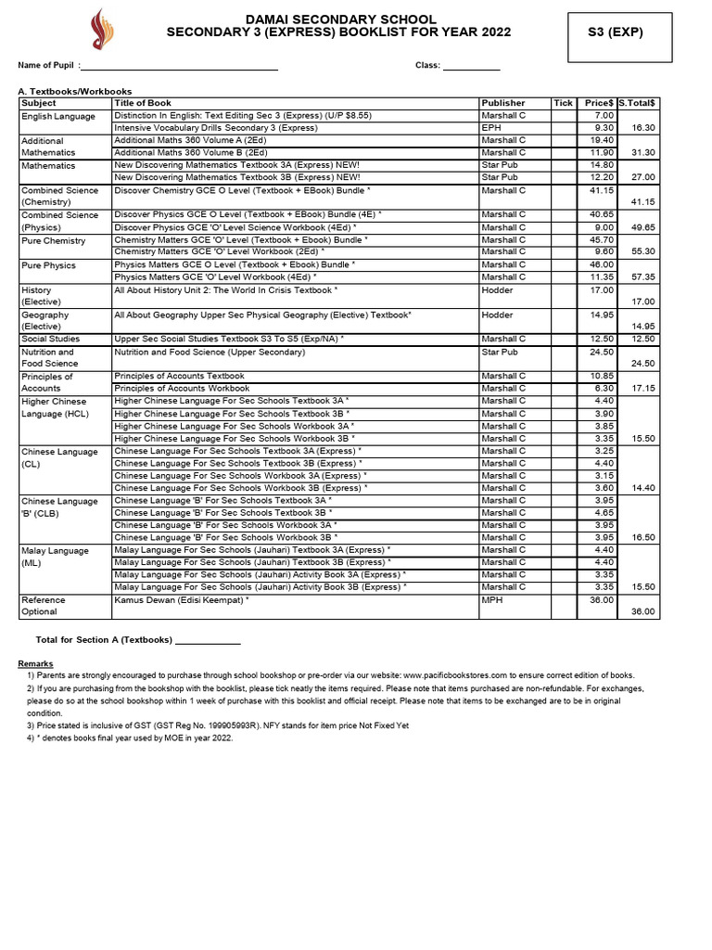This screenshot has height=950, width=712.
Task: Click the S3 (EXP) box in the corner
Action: click(x=615, y=32)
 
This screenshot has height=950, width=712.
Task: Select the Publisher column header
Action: click(x=503, y=103)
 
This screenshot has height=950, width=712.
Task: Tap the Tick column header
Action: click(x=563, y=103)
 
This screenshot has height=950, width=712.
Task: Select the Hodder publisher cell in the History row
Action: click(x=497, y=290)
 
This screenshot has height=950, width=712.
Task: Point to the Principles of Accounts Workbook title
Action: click(x=180, y=389)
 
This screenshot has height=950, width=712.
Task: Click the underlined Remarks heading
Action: click(x=35, y=664)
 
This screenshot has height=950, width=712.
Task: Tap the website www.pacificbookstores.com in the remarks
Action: click(x=469, y=676)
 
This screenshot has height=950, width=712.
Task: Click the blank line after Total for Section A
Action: click(x=208, y=640)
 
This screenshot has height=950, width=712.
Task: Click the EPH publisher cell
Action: click(x=491, y=128)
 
